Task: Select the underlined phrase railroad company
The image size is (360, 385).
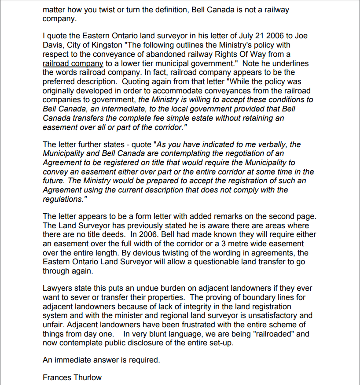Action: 73,63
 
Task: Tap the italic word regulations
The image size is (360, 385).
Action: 62,199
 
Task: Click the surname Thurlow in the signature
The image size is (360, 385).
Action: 87,378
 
